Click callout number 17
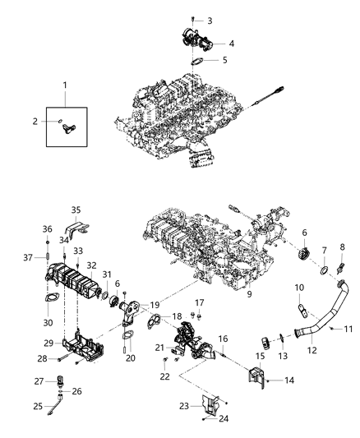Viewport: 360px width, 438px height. [199, 302]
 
